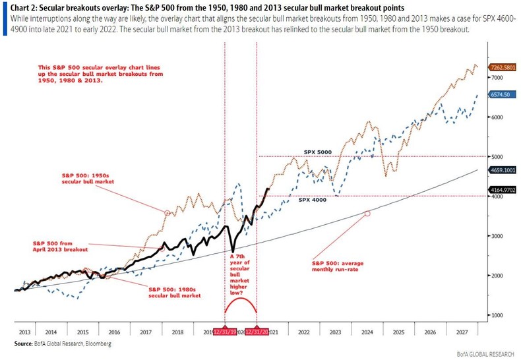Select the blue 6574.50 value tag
(x=501, y=95)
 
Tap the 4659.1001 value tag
(x=503, y=170)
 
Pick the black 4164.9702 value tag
(x=503, y=190)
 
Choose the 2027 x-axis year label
(x=462, y=334)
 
